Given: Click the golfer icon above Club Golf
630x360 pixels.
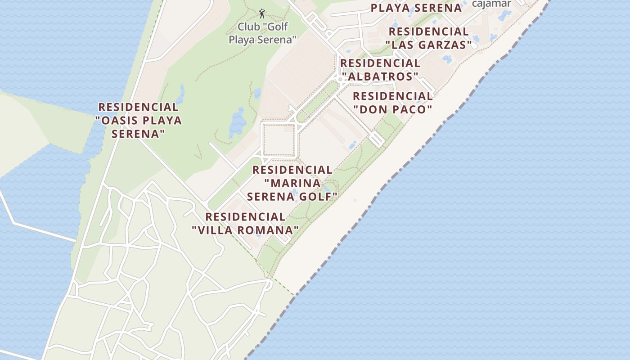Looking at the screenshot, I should pyautogui.click(x=262, y=13).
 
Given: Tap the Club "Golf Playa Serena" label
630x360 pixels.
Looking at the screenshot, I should pyautogui.click(x=262, y=33).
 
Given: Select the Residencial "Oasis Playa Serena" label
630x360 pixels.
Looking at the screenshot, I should pyautogui.click(x=138, y=120).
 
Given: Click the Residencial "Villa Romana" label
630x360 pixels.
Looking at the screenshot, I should pyautogui.click(x=245, y=224).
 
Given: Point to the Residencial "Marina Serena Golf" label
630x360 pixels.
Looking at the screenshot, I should pyautogui.click(x=292, y=183).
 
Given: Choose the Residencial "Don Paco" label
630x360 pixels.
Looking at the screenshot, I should pyautogui.click(x=392, y=103).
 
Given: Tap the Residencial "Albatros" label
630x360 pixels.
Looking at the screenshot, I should pyautogui.click(x=380, y=70).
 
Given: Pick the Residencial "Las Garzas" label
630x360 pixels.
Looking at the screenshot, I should pyautogui.click(x=428, y=38).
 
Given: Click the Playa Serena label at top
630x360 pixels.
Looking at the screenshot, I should pyautogui.click(x=416, y=8).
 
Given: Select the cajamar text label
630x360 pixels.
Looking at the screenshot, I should pyautogui.click(x=491, y=4).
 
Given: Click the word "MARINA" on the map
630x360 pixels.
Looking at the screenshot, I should pyautogui.click(x=292, y=184).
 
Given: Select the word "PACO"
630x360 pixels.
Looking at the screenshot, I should pyautogui.click(x=409, y=109).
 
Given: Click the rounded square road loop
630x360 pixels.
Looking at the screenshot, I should pyautogui.click(x=279, y=140).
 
